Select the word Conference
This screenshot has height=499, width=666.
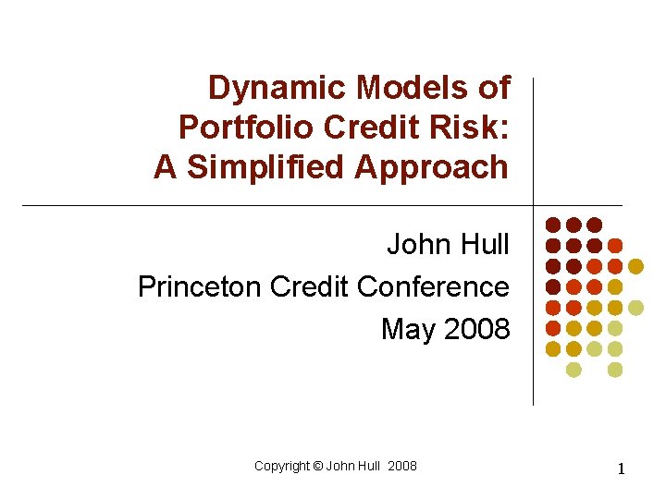pyautogui.click(x=433, y=286)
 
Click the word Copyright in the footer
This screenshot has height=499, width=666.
pyautogui.click(x=281, y=466)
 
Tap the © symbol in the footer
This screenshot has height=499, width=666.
pyautogui.click(x=317, y=466)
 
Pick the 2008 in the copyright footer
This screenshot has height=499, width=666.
pyautogui.click(x=402, y=466)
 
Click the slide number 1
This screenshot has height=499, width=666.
pyautogui.click(x=622, y=469)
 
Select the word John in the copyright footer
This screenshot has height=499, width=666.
pyautogui.click(x=339, y=466)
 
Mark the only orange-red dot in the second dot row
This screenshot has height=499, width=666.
pyautogui.click(x=615, y=246)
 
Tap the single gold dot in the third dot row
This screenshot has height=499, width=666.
pyautogui.click(x=636, y=266)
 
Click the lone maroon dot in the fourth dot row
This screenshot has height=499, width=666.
pyautogui.click(x=552, y=286)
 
